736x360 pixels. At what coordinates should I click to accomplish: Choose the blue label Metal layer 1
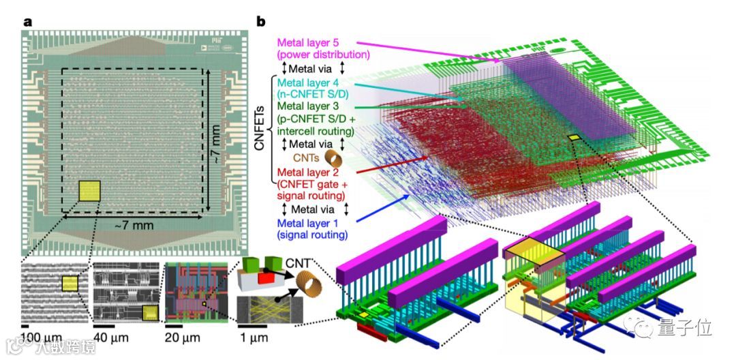click(x=311, y=223)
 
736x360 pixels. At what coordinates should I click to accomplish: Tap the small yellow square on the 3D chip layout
click(x=574, y=138)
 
